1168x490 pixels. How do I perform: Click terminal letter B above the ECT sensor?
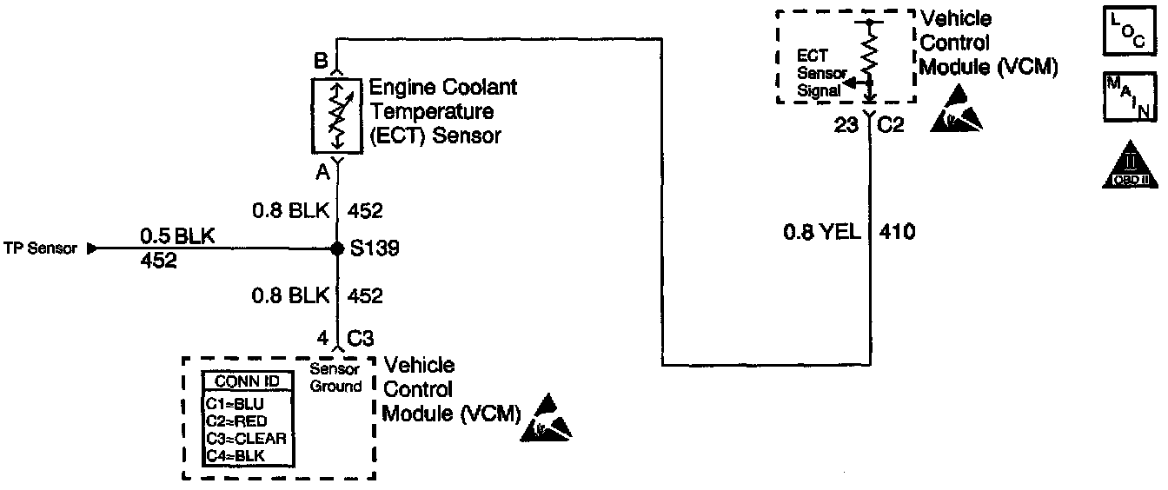pos(320,63)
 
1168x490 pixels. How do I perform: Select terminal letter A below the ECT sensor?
pos(322,173)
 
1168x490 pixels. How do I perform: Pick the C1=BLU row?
pos(235,404)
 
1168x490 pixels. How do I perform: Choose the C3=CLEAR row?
pos(246,438)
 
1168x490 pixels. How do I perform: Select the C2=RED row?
pos(236,421)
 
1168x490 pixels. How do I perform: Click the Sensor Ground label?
pos(335,378)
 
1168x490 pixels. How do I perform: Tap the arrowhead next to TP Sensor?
pos(93,248)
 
